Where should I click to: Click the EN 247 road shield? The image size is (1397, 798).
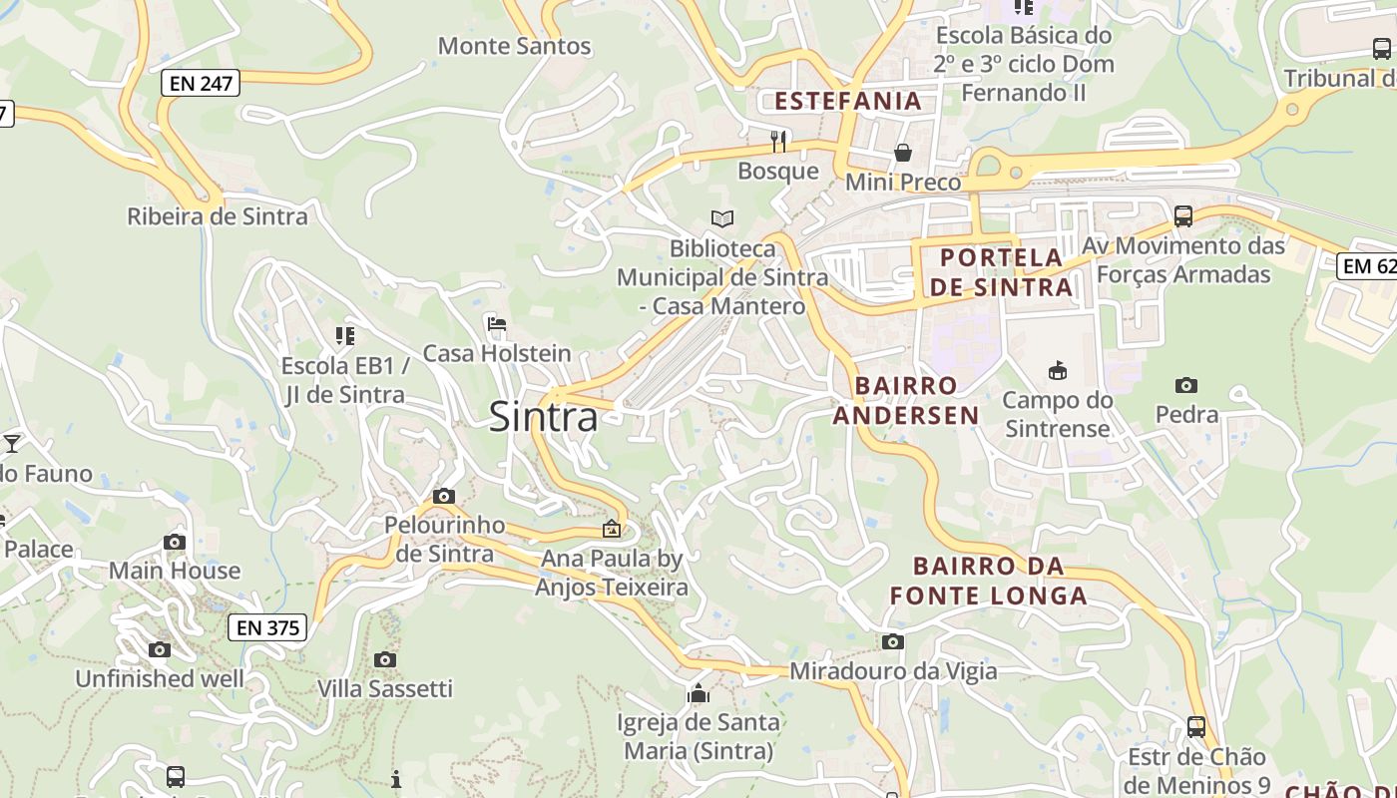201,84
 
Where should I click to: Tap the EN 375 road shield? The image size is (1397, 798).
267,627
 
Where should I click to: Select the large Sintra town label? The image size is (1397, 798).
544,417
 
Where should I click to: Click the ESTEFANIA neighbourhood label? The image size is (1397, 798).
848,101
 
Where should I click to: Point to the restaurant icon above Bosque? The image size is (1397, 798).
778,141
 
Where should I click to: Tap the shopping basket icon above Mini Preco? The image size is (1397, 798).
902,153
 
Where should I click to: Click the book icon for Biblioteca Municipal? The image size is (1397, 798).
722,218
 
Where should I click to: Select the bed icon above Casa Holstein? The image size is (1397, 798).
497,323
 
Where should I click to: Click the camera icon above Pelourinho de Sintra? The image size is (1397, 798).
444,496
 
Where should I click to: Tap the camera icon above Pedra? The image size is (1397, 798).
1186,385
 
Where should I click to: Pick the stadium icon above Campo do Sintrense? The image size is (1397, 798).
1057,371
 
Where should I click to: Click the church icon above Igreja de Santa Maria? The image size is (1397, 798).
698,692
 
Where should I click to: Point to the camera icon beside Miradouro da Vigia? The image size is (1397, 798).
892,641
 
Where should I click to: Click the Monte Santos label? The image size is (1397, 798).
515,46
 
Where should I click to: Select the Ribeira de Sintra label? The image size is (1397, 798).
218,216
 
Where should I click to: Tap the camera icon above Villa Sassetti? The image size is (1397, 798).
385,659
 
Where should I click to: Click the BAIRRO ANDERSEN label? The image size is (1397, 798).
906,400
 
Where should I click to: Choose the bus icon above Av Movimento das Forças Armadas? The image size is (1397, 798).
1183,215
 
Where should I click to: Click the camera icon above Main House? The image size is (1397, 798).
175,542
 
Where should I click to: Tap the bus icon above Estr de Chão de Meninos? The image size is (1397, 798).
1196,726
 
